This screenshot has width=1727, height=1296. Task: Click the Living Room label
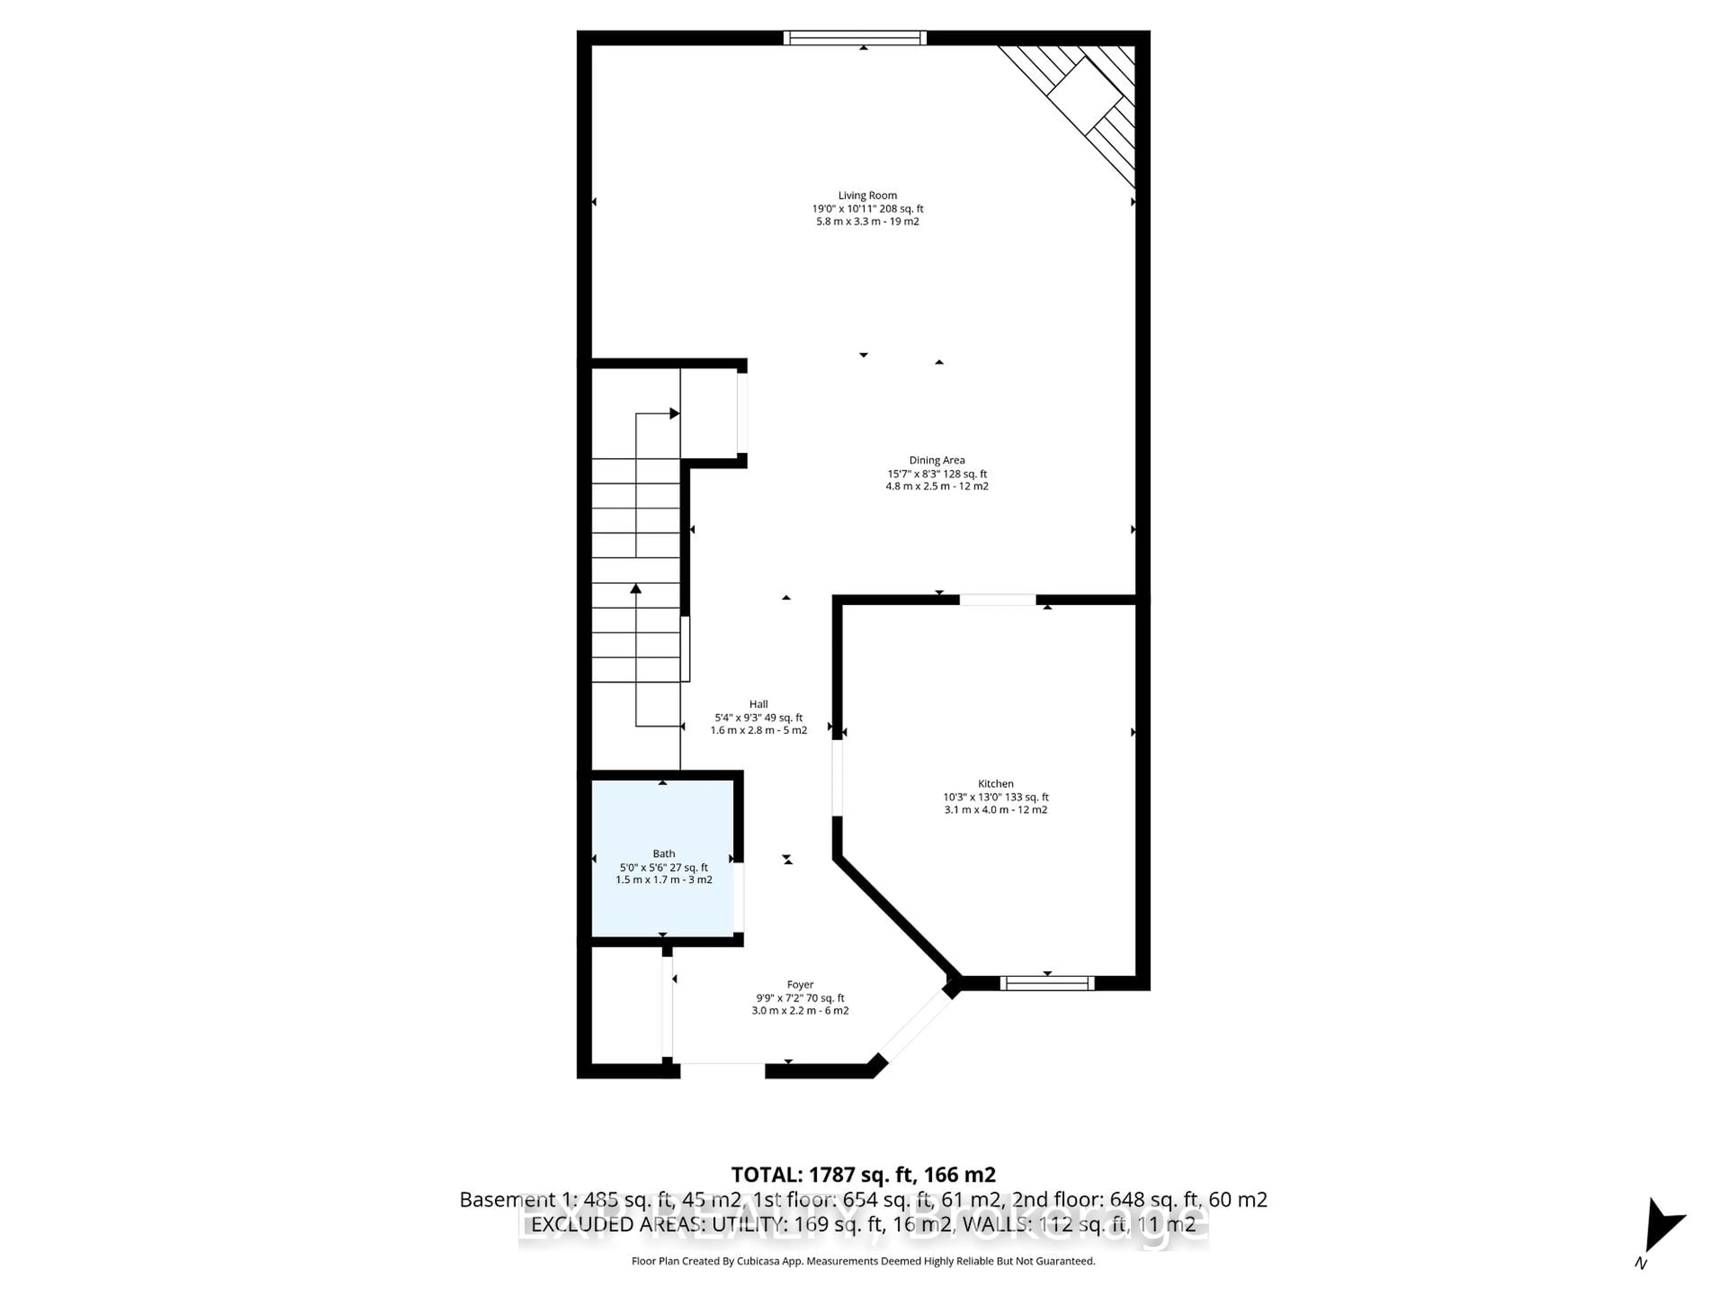coord(868,195)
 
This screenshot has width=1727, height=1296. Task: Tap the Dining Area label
coord(937,460)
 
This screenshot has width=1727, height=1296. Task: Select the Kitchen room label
coord(995,783)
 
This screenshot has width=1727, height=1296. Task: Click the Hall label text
coord(758,704)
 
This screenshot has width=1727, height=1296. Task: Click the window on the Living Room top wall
coord(855,37)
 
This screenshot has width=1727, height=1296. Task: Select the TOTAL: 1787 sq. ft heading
coord(863,1175)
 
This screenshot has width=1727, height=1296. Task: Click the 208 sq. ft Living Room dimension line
coord(868,209)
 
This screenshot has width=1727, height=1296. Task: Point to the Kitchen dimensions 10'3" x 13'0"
coord(995,797)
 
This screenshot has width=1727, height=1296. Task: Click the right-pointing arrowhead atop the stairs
coord(675,413)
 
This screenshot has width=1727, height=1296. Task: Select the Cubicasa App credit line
coord(863,1261)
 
